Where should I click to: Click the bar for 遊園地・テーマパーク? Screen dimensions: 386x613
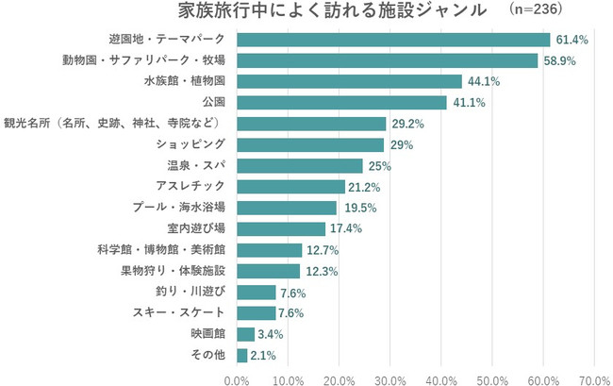coord(392,40)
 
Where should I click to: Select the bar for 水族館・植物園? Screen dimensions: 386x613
coord(349,81)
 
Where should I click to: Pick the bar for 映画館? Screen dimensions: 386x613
coord(245,334)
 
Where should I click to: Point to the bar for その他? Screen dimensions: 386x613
coord(241,356)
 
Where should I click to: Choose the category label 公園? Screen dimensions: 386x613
coord(213,102)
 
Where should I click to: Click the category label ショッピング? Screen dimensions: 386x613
coord(191,144)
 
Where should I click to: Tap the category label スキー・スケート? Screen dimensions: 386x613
coord(184,312)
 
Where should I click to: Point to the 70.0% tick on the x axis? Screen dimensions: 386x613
coord(594,379)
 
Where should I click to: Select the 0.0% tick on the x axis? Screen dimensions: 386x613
coord(238,379)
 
